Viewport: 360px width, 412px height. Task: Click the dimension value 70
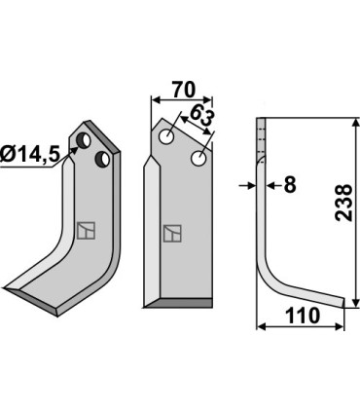[x=184, y=90]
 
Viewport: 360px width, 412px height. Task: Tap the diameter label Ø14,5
[x=30, y=154]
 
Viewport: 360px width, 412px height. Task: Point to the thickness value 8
[x=290, y=185]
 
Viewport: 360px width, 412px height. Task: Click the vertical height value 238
[x=343, y=203]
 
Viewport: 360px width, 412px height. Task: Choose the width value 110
[x=303, y=316]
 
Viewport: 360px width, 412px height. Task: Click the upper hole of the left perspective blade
[x=84, y=140]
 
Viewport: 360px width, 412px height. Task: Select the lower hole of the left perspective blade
[x=102, y=159]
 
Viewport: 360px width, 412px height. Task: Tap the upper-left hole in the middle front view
[x=167, y=136]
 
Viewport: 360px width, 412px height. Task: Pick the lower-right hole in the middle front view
[x=198, y=158]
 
